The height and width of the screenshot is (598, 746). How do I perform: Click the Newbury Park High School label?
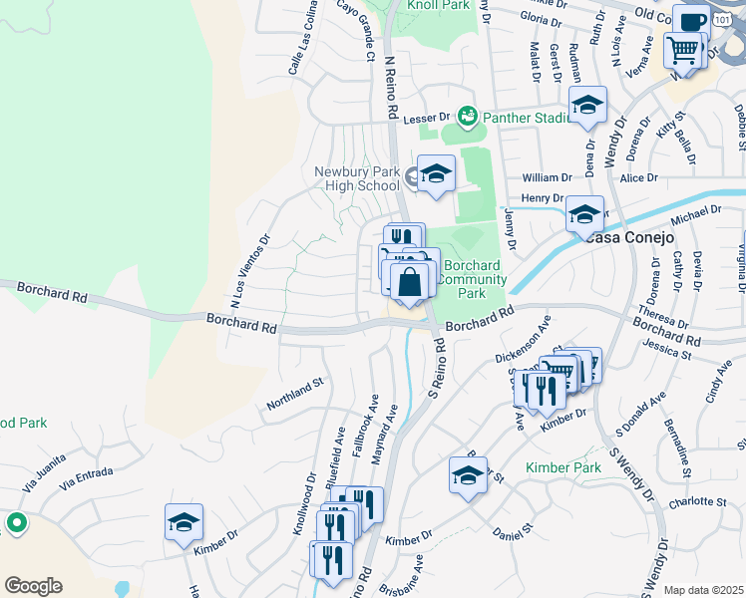coord(356,178)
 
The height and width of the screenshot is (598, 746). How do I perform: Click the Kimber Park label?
coord(563,467)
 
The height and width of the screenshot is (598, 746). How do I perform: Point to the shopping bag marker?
coord(409,283)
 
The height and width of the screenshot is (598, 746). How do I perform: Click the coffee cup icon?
coord(690,21)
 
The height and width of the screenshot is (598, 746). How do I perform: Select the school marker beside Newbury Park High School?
coord(436,175)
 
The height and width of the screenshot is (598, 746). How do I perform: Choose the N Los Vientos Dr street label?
coord(249,269)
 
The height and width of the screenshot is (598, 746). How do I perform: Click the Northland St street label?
coord(295,394)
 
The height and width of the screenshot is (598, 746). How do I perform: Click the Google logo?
coord(33,586)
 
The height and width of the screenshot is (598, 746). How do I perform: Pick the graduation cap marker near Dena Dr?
coord(588,105)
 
